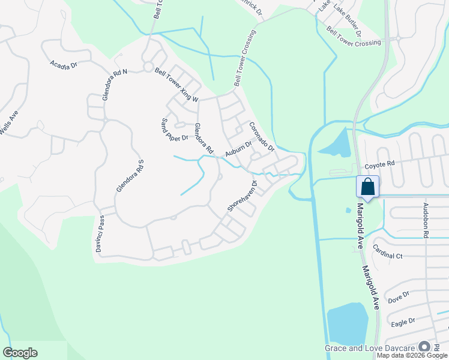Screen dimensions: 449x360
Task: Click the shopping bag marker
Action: pos(367,186)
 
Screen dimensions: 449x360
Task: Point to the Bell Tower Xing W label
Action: pos(176,85)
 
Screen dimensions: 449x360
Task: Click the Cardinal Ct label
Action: pos(387,252)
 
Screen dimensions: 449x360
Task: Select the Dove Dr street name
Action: pos(399,296)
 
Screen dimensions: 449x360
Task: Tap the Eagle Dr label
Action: pos(403,322)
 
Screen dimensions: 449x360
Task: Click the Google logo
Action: pos(20,353)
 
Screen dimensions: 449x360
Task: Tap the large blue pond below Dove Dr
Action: pos(348,324)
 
